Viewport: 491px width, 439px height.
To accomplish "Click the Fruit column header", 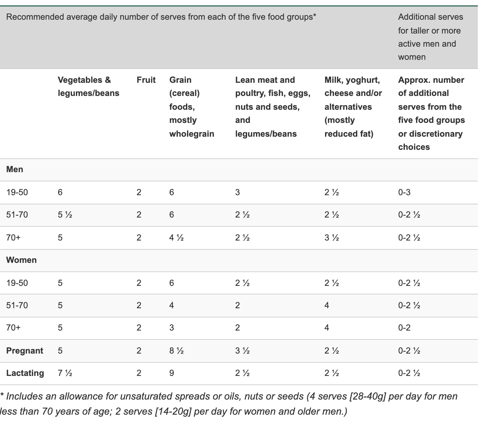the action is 146,80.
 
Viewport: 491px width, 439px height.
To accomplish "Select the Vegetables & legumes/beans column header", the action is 88,86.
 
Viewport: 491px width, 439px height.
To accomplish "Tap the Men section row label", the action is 14,169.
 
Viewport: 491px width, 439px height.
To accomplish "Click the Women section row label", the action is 21,260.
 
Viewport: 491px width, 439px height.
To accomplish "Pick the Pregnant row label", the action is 25,351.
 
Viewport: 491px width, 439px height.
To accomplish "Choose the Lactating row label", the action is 25,373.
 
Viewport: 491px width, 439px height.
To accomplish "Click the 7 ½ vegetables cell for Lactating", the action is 65,373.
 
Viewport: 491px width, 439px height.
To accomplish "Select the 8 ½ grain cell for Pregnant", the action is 176,351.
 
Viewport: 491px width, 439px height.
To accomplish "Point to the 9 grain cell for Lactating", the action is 172,373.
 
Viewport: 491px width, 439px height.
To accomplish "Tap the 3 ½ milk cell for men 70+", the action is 332,238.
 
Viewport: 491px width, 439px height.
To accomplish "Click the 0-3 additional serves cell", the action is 404,192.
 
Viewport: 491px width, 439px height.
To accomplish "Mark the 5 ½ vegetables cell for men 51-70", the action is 65,215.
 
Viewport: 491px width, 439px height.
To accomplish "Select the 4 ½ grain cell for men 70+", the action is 176,238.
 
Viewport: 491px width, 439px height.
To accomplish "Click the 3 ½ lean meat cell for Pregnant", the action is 242,351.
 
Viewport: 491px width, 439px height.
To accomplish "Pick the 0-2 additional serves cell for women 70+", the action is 404,328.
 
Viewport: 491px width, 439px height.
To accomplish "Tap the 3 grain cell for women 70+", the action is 172,328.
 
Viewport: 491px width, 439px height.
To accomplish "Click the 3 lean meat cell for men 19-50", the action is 238,192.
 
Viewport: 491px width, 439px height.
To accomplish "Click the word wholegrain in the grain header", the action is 192,134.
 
